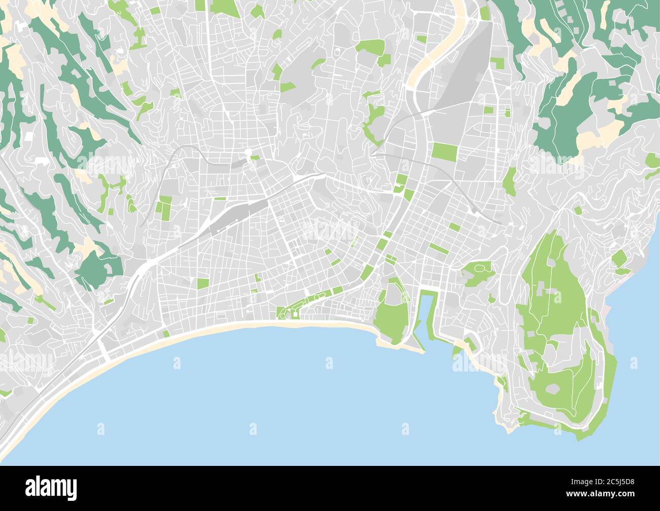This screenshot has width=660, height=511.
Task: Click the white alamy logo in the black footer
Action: [51, 487]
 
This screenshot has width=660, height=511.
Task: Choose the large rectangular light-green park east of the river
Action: [444, 152]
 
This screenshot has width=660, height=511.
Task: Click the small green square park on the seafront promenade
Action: [166, 334]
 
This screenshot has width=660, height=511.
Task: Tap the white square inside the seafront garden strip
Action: [295, 315]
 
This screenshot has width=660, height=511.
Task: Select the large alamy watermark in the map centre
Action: [330, 231]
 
